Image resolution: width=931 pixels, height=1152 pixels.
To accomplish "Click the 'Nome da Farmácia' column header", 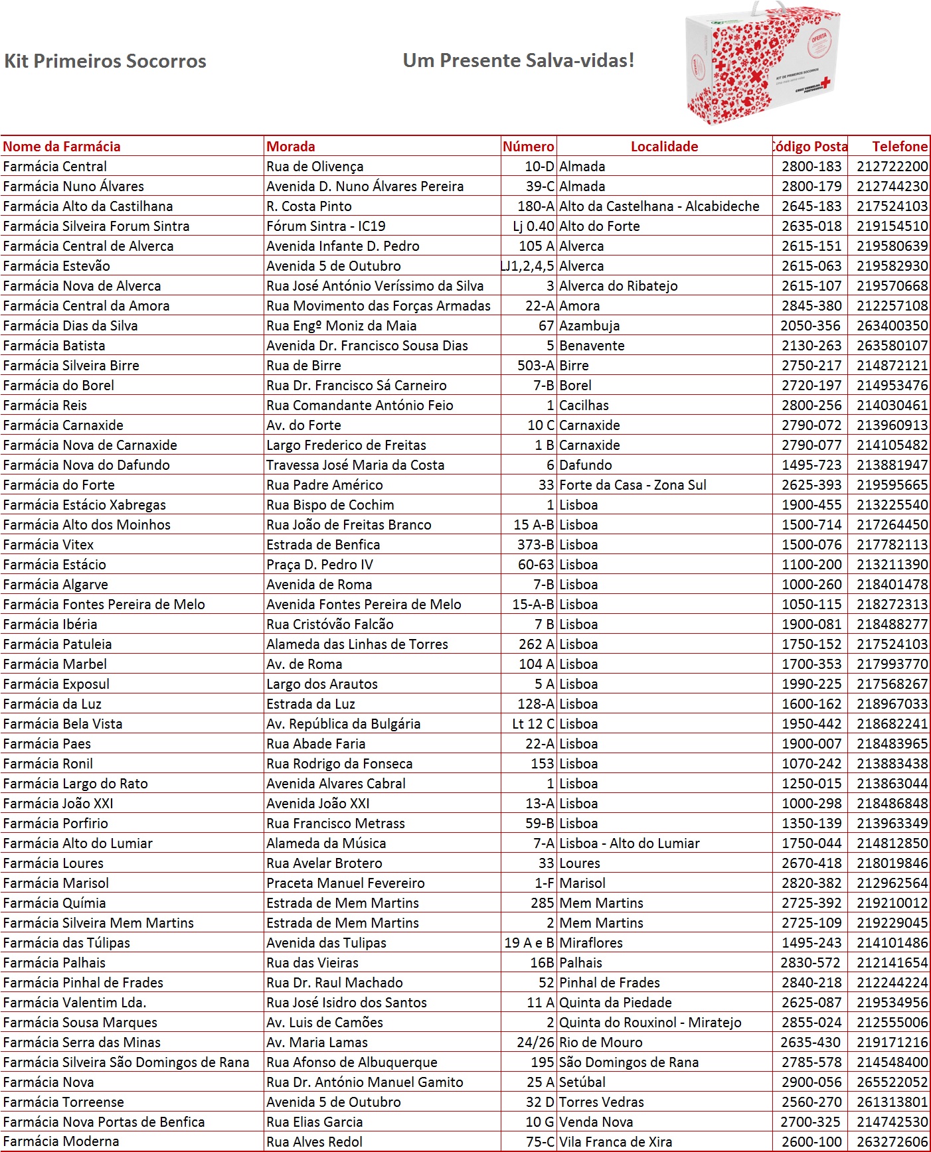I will coord(62,147).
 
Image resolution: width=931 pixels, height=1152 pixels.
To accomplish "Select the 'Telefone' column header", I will coord(899,147).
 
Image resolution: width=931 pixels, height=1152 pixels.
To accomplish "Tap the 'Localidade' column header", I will coord(664,147).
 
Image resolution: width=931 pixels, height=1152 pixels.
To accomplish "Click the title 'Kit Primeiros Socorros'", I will coord(105,61).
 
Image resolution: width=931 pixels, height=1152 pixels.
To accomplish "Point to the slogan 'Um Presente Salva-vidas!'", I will coord(519,60).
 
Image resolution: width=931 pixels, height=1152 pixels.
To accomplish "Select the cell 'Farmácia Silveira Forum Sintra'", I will coord(96,226).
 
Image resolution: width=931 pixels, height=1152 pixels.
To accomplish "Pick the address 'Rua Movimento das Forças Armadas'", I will coord(379,306).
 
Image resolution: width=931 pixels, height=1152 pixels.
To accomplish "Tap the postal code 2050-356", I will coord(810,326).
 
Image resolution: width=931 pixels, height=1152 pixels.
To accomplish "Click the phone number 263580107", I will coord(892,346).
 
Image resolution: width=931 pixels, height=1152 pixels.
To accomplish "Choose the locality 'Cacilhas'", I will coord(584,405).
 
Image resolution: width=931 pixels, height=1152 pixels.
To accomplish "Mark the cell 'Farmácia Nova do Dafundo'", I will coord(86,465).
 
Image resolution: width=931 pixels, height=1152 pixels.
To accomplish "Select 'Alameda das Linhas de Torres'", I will coord(357,644).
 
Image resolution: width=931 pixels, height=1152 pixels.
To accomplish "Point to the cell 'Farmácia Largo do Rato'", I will coord(75,784).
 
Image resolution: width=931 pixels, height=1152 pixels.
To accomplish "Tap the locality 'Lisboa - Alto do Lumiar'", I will coord(630,843).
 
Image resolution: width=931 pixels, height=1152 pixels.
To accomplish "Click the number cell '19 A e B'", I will coord(529,943).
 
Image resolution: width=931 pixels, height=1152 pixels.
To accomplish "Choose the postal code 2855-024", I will coord(811,1023).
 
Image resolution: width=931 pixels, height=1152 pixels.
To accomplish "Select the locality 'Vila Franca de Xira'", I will coord(616,1142).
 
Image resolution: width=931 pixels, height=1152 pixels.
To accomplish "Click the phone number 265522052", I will coord(892,1082).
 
